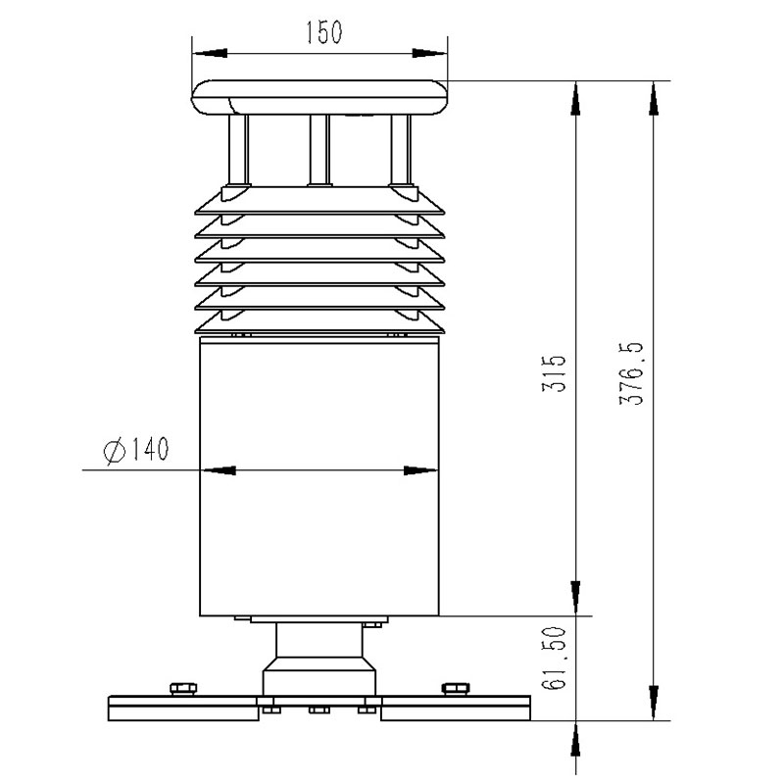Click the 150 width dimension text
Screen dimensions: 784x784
click(322, 31)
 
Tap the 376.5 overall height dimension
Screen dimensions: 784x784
click(630, 373)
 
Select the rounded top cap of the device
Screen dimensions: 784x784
click(318, 98)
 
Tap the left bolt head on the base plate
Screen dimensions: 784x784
click(181, 687)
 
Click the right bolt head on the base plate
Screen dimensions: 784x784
click(454, 687)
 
